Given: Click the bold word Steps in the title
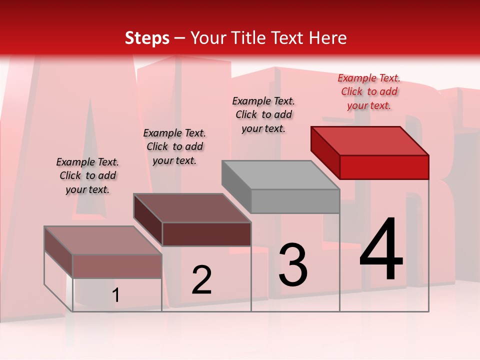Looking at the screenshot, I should click(147, 38).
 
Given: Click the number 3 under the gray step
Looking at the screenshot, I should click(293, 265).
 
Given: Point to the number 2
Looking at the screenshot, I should click(201, 280).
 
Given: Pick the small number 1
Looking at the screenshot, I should click(116, 295).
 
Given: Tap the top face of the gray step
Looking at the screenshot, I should click(280, 175).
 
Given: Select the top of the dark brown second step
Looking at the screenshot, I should click(192, 208).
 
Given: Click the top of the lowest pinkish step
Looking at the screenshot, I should click(103, 240).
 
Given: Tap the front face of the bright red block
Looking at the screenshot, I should click(384, 167).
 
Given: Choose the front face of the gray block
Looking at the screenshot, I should click(295, 201).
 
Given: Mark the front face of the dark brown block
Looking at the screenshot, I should click(206, 234).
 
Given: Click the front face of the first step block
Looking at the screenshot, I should click(117, 266).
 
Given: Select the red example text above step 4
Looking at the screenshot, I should click(369, 92).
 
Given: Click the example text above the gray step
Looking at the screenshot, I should click(263, 114).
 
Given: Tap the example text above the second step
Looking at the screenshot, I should click(174, 146).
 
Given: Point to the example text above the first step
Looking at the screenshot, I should click(87, 175).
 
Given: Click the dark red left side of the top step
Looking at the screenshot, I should click(325, 150).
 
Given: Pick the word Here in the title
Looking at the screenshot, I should click(329, 38).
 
